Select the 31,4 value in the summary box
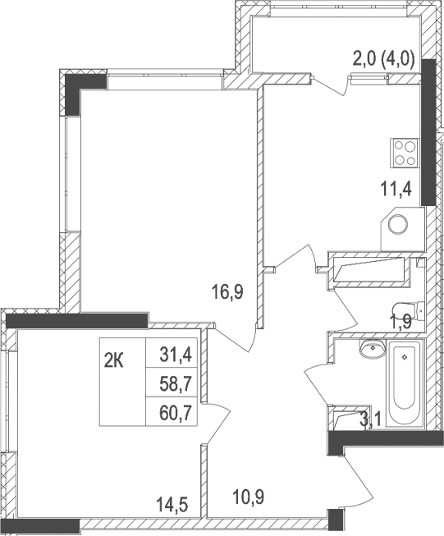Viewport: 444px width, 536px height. pyautogui.click(x=173, y=355)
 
